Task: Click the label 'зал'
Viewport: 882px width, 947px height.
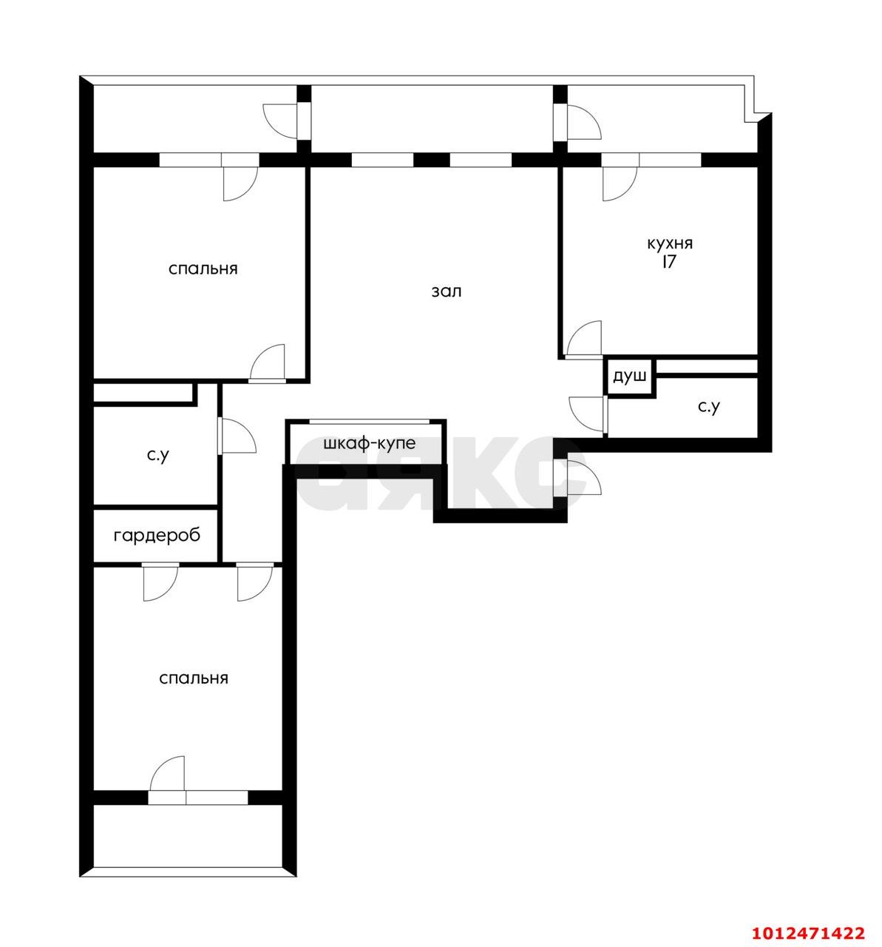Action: (x=447, y=291)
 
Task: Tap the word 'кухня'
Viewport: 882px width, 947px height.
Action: (x=670, y=243)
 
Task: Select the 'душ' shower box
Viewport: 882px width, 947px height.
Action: (x=629, y=377)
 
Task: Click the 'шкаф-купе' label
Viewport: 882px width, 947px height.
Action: (x=369, y=444)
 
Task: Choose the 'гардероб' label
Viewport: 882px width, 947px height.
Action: (x=157, y=536)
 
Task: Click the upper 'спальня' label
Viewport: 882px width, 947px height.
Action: (x=203, y=269)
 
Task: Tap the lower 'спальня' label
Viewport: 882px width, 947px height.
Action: (x=194, y=678)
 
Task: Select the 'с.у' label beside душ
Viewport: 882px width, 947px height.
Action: (x=708, y=407)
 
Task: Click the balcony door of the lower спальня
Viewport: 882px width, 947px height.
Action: (x=167, y=777)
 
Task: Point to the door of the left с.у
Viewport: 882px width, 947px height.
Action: (x=237, y=436)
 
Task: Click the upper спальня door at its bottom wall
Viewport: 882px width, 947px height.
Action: (x=268, y=363)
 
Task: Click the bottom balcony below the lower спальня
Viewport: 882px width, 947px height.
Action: (x=189, y=836)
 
